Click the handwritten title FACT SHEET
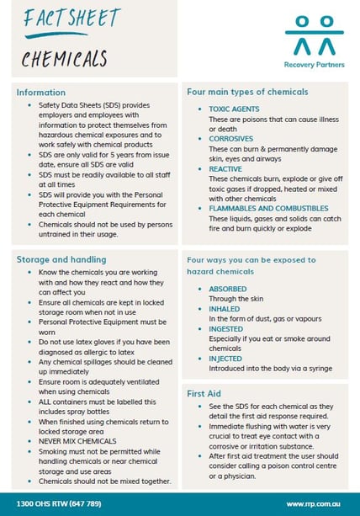pos(61,19)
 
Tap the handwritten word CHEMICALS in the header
pos(64,58)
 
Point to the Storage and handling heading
pos(61,259)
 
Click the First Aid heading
pos(204,393)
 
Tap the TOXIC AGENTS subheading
pos(234,109)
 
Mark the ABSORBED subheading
pos(229,289)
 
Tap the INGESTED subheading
pos(226,328)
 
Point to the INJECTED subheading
pos(226,358)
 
